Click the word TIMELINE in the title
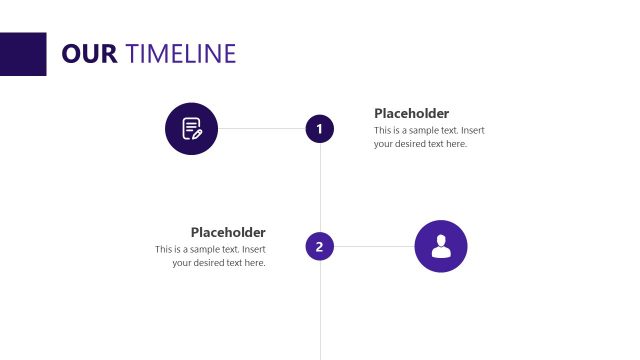coord(182,53)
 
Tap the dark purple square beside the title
coord(23,54)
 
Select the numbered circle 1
coord(319,128)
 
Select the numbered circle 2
coord(319,246)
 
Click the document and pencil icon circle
coord(191,128)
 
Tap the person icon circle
coord(441,246)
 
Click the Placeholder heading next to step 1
coord(411,113)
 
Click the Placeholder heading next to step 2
coord(228,232)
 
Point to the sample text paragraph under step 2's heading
coord(211,256)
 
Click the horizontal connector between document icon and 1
coord(261,128)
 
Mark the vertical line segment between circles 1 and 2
coord(320,187)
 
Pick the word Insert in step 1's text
coord(473,130)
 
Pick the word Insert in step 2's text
coord(254,249)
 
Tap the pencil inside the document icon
coord(196,132)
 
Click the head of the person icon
coord(441,240)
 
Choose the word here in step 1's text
coord(456,144)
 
